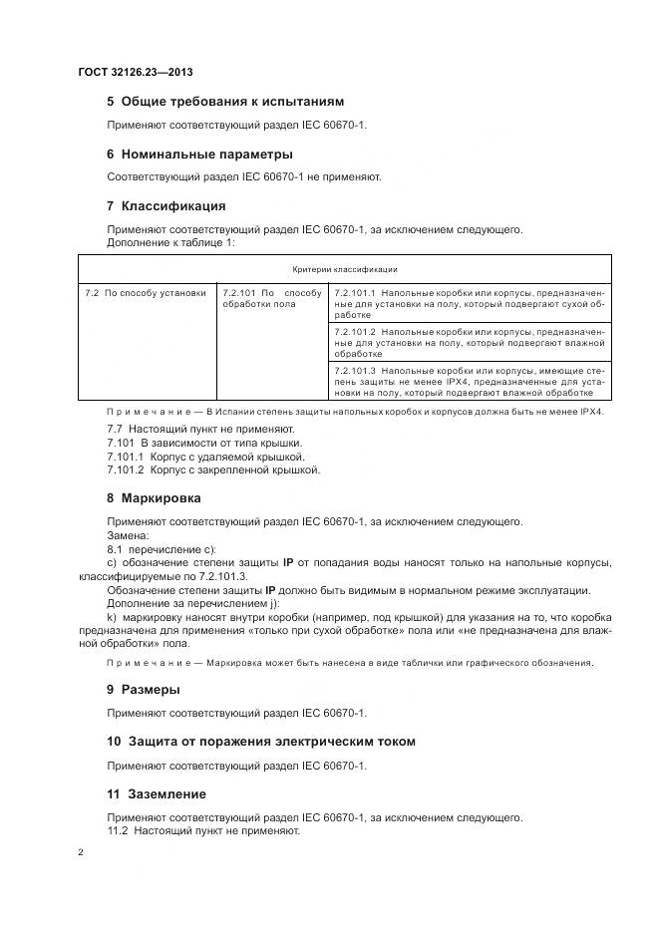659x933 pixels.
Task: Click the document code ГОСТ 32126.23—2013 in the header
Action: pyautogui.click(x=136, y=73)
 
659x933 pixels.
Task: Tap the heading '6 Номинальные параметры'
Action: pyautogui.click(x=199, y=155)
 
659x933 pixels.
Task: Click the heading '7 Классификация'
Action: pyautogui.click(x=165, y=206)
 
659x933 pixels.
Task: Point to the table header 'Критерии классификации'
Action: pyautogui.click(x=345, y=269)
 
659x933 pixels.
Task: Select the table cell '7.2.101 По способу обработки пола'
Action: pyautogui.click(x=271, y=298)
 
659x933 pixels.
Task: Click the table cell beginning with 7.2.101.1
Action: pyautogui.click(x=469, y=303)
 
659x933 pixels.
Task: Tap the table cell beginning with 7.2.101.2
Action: pyautogui.click(x=469, y=342)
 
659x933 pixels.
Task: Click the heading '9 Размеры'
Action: pyautogui.click(x=144, y=689)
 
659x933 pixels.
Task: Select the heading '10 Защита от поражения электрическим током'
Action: pyautogui.click(x=260, y=742)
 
